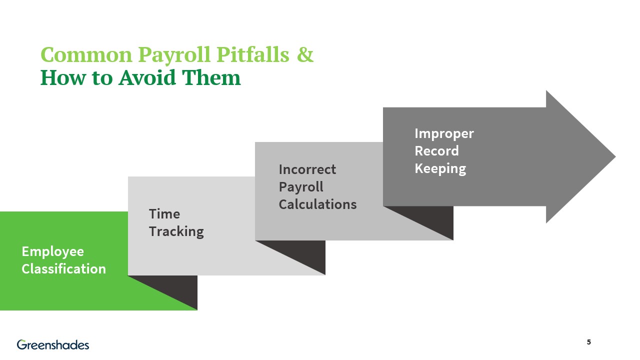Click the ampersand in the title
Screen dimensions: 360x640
pyautogui.click(x=305, y=55)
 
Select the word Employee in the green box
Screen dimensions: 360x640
pyautogui.click(x=52, y=251)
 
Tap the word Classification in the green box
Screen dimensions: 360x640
pyautogui.click(x=63, y=269)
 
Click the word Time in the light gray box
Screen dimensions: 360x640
pyautogui.click(x=164, y=214)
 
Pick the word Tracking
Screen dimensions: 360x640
pyautogui.click(x=176, y=231)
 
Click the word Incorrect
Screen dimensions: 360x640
pyautogui.click(x=307, y=169)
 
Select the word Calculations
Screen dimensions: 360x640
pyautogui.click(x=317, y=204)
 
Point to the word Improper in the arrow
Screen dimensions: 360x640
pyautogui.click(x=444, y=133)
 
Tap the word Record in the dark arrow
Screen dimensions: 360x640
pyautogui.click(x=436, y=151)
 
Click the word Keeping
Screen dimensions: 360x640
pyautogui.click(x=440, y=168)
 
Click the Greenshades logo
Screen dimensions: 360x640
pyautogui.click(x=53, y=344)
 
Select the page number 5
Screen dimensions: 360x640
pyautogui.click(x=589, y=342)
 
